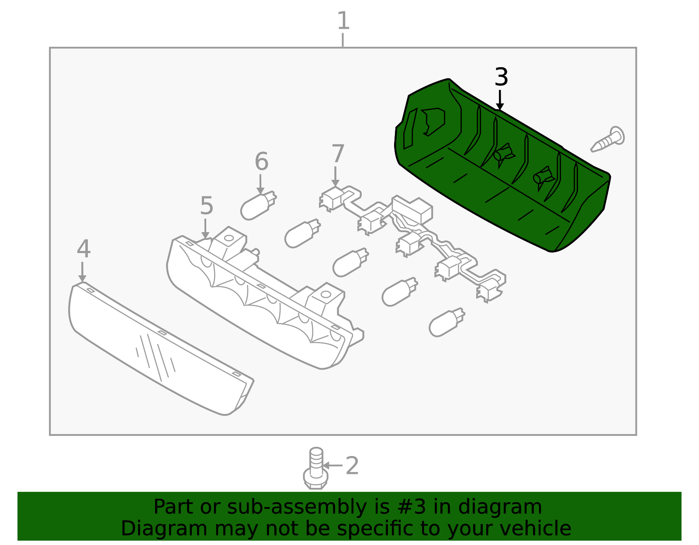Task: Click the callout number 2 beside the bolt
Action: pyautogui.click(x=352, y=465)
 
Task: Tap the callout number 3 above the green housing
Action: pyautogui.click(x=501, y=77)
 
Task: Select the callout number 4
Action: pyautogui.click(x=83, y=249)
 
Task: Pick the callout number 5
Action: pyautogui.click(x=207, y=206)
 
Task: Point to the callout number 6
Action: pyautogui.click(x=261, y=161)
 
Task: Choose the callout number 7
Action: pyautogui.click(x=338, y=154)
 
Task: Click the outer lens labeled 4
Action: pyautogui.click(x=161, y=349)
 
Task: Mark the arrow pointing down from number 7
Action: pyautogui.click(x=335, y=176)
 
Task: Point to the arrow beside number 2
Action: pyautogui.click(x=332, y=465)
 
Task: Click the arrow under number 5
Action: pyautogui.click(x=205, y=229)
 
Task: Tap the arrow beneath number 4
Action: pyautogui.click(x=82, y=272)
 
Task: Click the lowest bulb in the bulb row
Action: pyautogui.click(x=447, y=322)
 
